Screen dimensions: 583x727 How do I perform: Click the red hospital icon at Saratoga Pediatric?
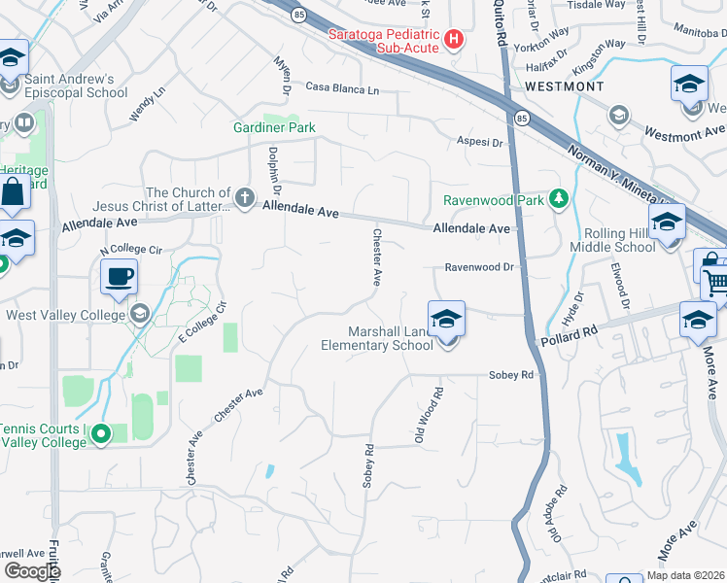coord(453,40)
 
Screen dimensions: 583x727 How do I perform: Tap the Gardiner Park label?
coord(274,127)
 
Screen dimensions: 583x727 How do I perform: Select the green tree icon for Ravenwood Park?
coord(559,200)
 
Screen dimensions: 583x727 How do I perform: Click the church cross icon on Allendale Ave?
coord(244,199)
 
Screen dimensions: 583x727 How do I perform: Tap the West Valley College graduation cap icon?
coord(141,314)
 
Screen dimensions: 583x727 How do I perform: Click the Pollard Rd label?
coord(563,337)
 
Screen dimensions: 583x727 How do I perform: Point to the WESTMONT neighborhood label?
coord(564,86)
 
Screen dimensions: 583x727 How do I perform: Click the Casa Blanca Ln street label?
coord(341,87)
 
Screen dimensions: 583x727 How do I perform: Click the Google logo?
coord(31,570)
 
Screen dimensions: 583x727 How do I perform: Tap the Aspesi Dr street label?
coord(480,143)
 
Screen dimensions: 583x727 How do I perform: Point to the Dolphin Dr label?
coord(274,166)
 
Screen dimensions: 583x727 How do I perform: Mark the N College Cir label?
coord(131,250)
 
